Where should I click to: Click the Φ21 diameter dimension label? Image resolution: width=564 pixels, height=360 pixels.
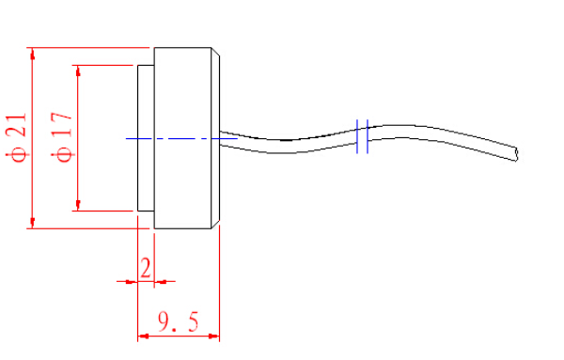tap(17, 137)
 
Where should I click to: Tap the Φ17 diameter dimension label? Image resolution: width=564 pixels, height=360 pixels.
tap(62, 137)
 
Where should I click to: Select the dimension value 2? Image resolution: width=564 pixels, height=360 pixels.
tap(146, 268)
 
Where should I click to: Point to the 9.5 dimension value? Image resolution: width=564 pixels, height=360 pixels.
tap(178, 321)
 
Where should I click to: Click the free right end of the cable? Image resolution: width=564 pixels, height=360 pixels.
tap(516, 154)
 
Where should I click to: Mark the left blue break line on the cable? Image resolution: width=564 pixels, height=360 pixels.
tap(357, 136)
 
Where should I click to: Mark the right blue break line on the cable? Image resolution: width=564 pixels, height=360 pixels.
tap(368, 136)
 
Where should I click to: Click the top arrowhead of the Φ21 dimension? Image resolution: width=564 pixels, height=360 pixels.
tap(32, 54)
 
